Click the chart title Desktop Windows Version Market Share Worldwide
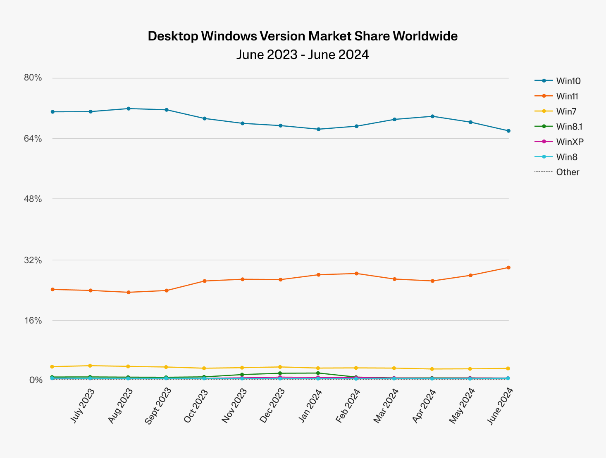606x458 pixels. (x=303, y=36)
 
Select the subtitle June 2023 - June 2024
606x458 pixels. (x=303, y=54)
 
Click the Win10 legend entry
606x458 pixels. (x=568, y=81)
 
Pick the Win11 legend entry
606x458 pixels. (x=567, y=96)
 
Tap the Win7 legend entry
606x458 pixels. (x=566, y=111)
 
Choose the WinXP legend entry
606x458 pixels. (x=570, y=142)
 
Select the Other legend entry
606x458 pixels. (x=568, y=172)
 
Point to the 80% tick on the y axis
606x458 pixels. (x=33, y=78)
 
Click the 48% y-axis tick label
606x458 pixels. (x=33, y=199)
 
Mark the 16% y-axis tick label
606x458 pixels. (x=33, y=321)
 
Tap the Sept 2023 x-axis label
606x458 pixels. (x=157, y=406)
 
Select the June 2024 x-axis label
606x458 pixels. (x=500, y=406)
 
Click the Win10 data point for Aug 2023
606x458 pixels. (x=129, y=109)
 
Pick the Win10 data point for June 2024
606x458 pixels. (x=508, y=131)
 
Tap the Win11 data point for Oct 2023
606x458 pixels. (x=205, y=281)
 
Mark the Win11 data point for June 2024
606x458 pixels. (x=508, y=267)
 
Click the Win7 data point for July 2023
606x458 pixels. (x=90, y=366)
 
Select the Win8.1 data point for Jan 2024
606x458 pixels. (x=318, y=373)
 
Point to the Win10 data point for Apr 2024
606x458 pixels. (x=432, y=116)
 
